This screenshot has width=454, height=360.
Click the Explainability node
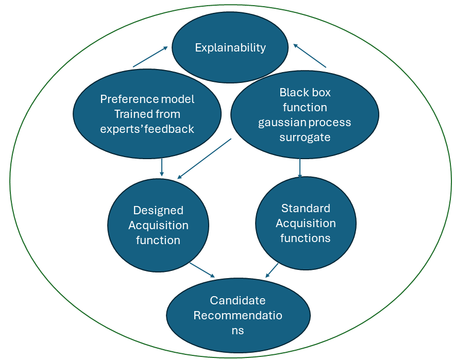pos(230,48)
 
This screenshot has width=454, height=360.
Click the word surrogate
pos(305,138)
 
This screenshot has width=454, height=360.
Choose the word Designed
pos(158,210)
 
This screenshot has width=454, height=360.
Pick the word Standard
pos(306,208)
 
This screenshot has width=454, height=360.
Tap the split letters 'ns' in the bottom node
pos(238,330)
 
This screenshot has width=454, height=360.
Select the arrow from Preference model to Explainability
pos(150,57)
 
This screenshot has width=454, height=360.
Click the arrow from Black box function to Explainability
pos(310,56)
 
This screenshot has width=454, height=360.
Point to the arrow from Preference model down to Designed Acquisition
pos(162,166)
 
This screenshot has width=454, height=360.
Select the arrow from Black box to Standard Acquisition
pos(300,168)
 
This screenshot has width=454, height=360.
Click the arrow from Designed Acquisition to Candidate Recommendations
pos(202,270)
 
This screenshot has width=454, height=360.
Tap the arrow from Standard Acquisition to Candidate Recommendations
pos(273,270)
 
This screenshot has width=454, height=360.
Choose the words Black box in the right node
pos(305,93)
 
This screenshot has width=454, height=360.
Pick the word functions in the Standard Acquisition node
pos(306,238)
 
